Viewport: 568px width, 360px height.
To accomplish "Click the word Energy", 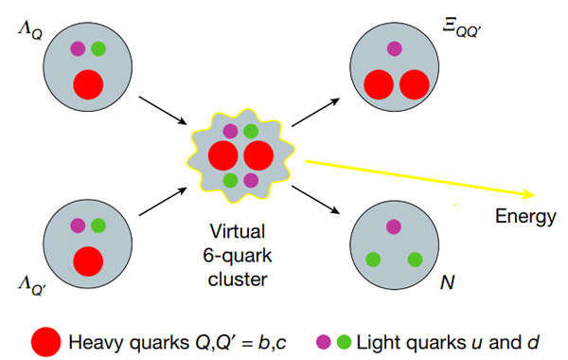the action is [525, 218].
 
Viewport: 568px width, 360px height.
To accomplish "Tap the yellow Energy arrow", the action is [420, 178].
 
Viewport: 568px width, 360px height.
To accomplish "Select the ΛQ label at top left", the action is [30, 31].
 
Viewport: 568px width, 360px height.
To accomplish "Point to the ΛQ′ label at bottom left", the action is [31, 286].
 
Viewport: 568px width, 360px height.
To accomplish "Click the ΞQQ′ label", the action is [461, 28].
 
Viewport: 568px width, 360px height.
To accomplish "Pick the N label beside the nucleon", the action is [448, 281].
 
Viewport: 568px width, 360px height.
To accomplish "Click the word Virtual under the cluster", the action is [238, 231].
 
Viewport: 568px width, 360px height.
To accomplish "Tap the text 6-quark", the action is [238, 256].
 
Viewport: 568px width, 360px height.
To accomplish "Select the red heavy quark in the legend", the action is [45, 342].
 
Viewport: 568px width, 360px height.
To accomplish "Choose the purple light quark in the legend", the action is [324, 341].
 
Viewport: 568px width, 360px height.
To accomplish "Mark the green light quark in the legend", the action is [344, 341].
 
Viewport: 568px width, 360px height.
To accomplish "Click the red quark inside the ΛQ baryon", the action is [88, 84].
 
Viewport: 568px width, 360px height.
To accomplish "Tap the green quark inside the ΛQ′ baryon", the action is [98, 225].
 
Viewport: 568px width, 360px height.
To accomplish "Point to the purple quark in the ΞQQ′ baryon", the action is [394, 48].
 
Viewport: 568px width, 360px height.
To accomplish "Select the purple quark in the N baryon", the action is [394, 227].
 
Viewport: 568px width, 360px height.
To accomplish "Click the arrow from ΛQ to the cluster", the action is [163, 111].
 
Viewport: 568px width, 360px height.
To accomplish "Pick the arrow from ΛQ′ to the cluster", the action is [163, 202].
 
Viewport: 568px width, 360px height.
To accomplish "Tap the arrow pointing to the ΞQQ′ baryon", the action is [316, 112].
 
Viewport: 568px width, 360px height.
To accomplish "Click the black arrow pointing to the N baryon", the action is [316, 200].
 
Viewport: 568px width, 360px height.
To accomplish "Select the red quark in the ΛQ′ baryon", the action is [88, 261].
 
